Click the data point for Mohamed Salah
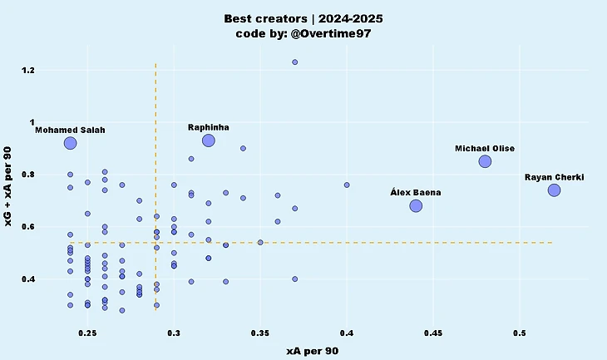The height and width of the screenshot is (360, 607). pyautogui.click(x=70, y=143)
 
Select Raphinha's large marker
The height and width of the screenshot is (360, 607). pyautogui.click(x=209, y=141)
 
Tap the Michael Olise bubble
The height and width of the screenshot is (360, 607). pyautogui.click(x=485, y=161)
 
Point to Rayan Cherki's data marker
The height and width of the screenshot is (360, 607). pyautogui.click(x=554, y=190)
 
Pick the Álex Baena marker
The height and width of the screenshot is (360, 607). pyautogui.click(x=416, y=205)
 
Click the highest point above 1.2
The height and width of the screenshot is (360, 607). pyautogui.click(x=294, y=62)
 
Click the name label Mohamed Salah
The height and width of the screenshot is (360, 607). pyautogui.click(x=70, y=131)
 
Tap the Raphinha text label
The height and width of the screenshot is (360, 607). pyautogui.click(x=209, y=127)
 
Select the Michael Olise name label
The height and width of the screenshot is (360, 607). pyautogui.click(x=485, y=148)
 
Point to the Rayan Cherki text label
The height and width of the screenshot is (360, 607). pyautogui.click(x=554, y=177)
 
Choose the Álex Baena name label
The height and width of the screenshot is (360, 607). pyautogui.click(x=416, y=192)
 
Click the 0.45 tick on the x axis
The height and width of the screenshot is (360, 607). pyautogui.click(x=433, y=333)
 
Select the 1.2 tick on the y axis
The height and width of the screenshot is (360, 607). pyautogui.click(x=52, y=70)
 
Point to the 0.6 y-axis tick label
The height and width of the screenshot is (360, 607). pyautogui.click(x=52, y=227)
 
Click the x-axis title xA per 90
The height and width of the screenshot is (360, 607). pyautogui.click(x=312, y=351)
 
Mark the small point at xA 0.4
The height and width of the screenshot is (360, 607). pyautogui.click(x=347, y=185)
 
